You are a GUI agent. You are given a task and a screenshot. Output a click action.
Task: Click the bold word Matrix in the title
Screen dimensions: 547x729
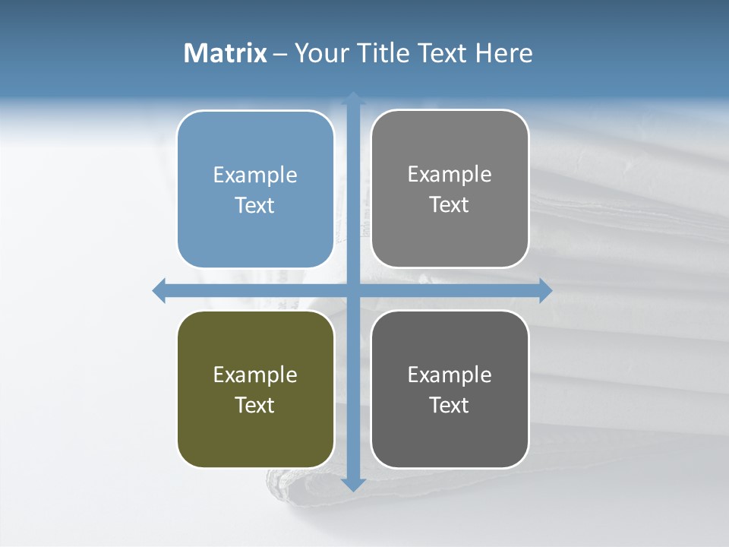tap(226, 53)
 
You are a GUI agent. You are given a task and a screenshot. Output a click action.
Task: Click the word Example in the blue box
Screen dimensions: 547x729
tap(255, 175)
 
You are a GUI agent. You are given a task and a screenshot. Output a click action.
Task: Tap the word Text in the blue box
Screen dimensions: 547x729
tap(255, 205)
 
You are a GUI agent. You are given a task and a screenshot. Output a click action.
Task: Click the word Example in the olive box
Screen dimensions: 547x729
tap(255, 375)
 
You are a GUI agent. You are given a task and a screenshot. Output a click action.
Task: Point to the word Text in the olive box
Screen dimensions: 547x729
tap(255, 405)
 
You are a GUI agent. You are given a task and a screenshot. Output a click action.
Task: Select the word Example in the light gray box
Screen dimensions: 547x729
tap(450, 175)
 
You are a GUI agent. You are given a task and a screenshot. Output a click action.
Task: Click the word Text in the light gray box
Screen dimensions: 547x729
tap(450, 204)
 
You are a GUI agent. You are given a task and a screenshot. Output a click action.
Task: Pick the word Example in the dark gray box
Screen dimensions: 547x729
tap(450, 375)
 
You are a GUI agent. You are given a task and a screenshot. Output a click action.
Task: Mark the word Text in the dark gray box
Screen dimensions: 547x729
tap(450, 405)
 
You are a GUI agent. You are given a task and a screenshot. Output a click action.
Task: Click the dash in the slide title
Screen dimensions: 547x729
tap(280, 54)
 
